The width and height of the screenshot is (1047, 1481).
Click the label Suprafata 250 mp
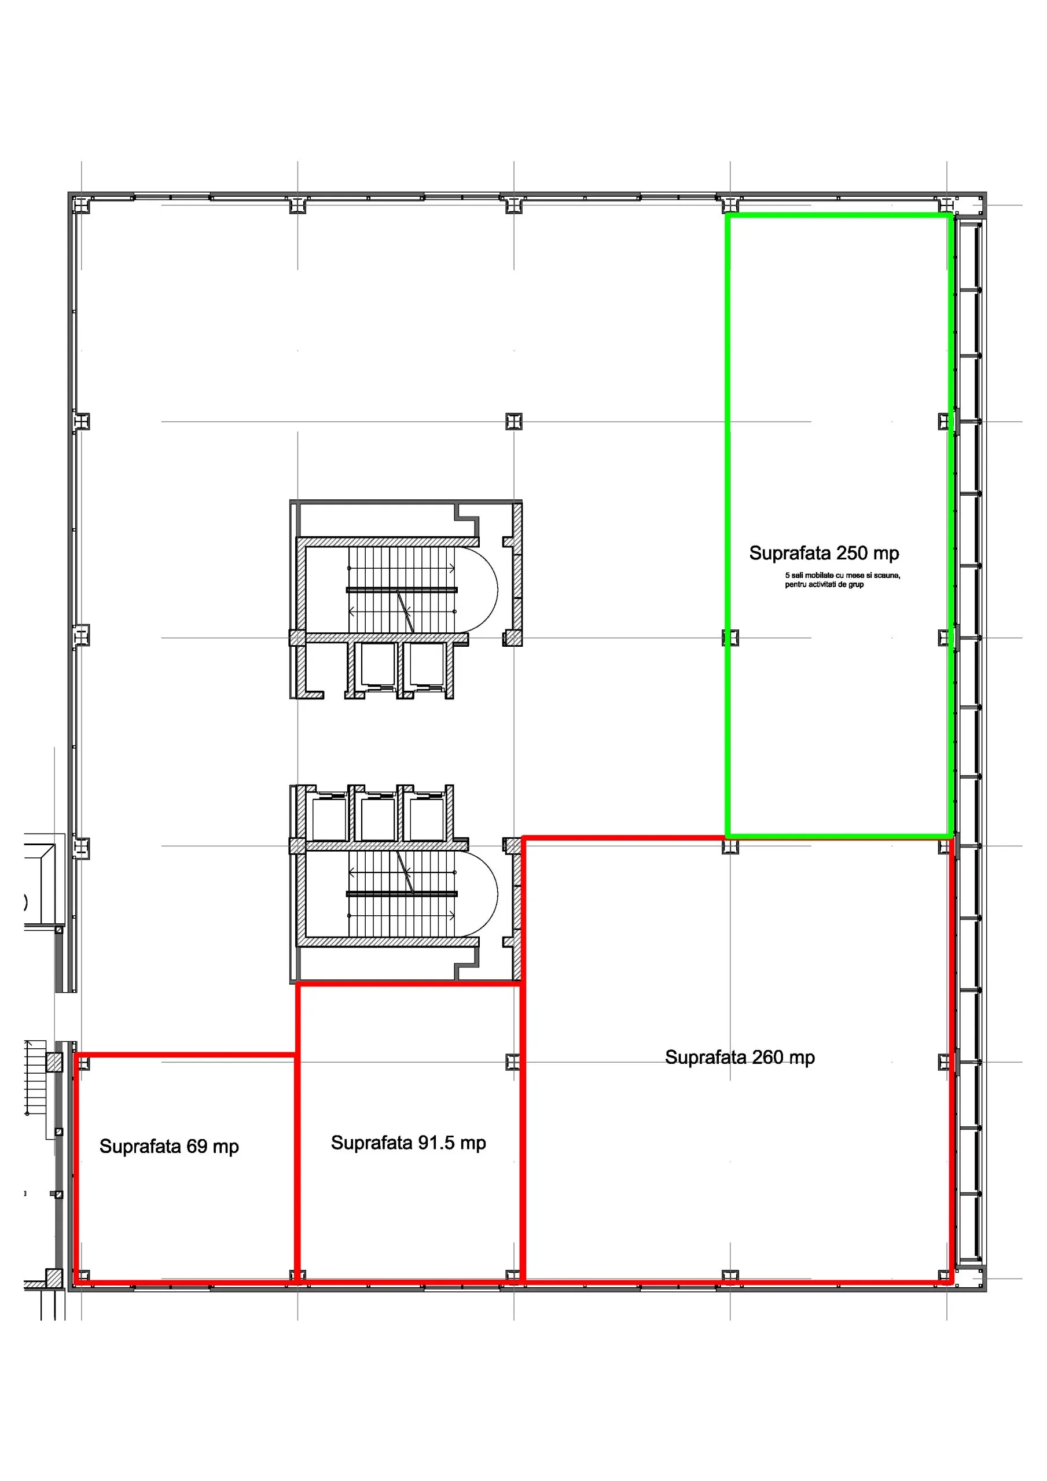(x=824, y=554)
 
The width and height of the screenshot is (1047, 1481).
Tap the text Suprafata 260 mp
(x=740, y=1057)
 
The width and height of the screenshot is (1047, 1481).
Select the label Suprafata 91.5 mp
(x=408, y=1143)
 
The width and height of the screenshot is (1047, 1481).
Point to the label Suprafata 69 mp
(x=169, y=1146)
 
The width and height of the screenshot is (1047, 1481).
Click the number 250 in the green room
(x=852, y=553)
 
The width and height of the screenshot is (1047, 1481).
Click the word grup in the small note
(x=856, y=585)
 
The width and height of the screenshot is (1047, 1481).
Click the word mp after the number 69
(x=226, y=1148)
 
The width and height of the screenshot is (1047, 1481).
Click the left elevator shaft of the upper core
(x=377, y=664)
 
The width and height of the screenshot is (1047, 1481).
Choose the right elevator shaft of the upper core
(x=427, y=664)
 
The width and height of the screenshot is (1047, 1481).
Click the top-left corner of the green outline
(x=728, y=216)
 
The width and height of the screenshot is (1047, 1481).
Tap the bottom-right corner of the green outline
(x=951, y=837)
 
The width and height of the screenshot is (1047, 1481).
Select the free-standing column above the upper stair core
(x=514, y=421)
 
